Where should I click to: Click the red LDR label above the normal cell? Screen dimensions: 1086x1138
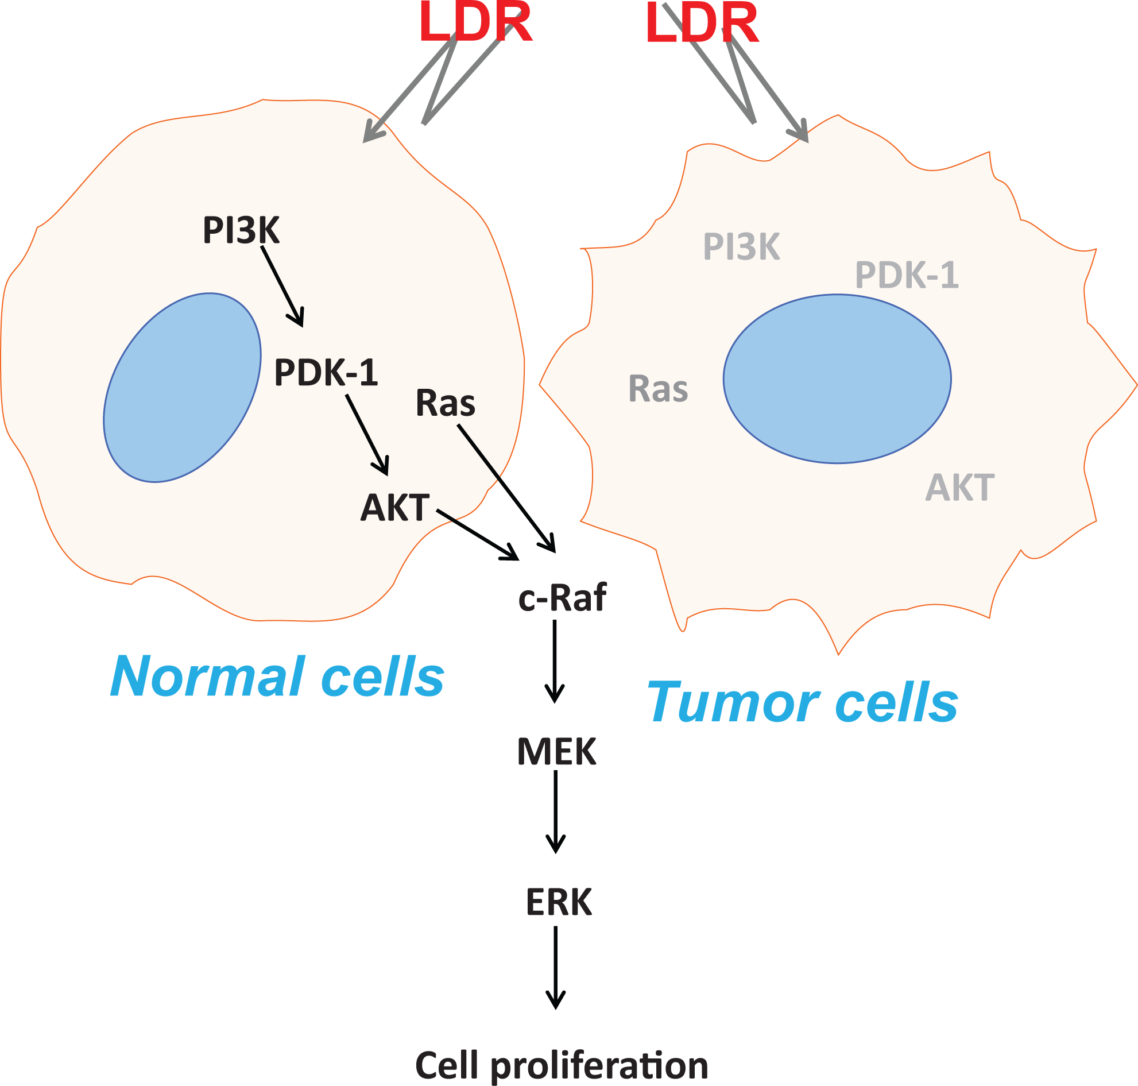pyautogui.click(x=475, y=23)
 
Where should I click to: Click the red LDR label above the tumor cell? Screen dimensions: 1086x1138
pyautogui.click(x=702, y=23)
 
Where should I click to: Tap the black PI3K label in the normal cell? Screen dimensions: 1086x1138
pyautogui.click(x=241, y=230)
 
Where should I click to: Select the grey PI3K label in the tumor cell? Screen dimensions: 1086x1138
pyautogui.click(x=741, y=246)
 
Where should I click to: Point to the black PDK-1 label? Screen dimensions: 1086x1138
pyautogui.click(x=326, y=372)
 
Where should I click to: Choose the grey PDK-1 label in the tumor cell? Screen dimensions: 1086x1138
pyautogui.click(x=907, y=275)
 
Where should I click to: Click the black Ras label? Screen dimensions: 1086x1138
pyautogui.click(x=445, y=403)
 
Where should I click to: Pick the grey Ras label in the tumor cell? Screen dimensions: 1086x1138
pyautogui.click(x=658, y=388)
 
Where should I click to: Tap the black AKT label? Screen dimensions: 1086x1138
pyautogui.click(x=395, y=508)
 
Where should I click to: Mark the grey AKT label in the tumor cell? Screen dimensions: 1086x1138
pyautogui.click(x=959, y=488)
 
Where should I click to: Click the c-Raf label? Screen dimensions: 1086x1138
pyautogui.click(x=562, y=597)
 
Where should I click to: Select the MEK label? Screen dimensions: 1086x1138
pyautogui.click(x=556, y=752)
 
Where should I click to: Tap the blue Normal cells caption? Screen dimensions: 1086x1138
pyautogui.click(x=277, y=677)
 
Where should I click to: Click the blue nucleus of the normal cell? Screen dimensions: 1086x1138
pyautogui.click(x=182, y=387)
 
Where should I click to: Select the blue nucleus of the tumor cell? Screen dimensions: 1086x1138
pyautogui.click(x=837, y=379)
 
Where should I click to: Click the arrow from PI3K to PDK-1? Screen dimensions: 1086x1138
pyautogui.click(x=282, y=286)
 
